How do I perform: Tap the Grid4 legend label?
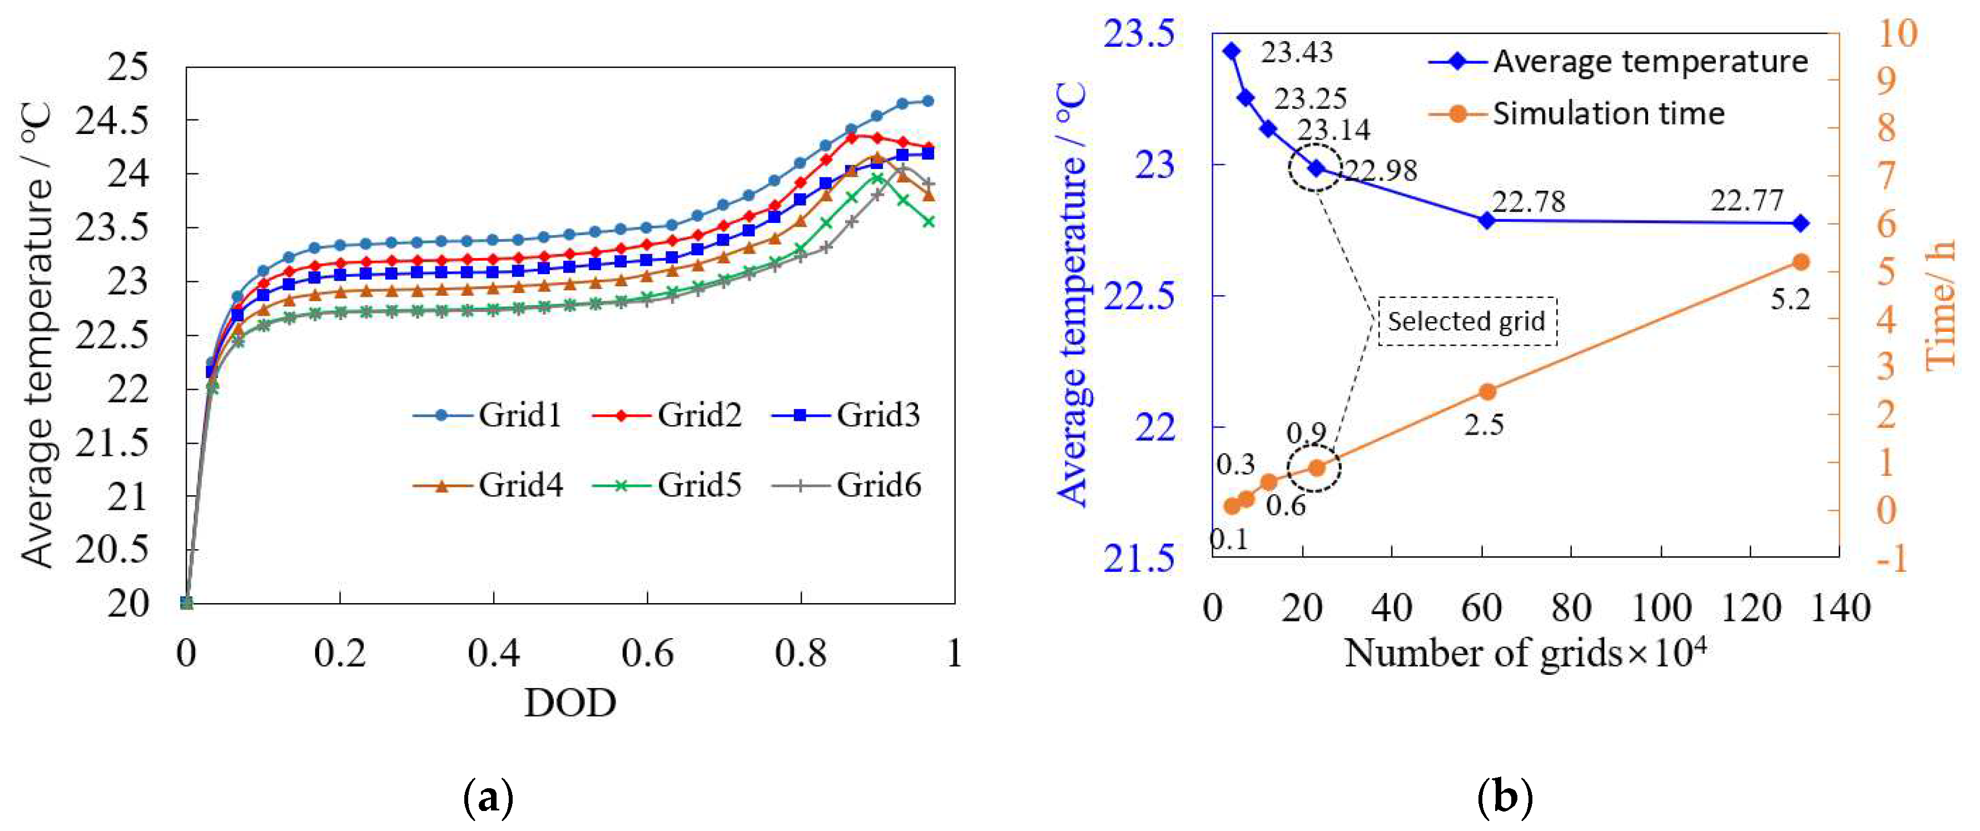[520, 485]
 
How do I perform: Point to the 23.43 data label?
[1297, 52]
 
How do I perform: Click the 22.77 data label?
[1746, 201]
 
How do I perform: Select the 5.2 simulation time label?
[1790, 300]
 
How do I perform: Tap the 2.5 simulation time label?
[1483, 424]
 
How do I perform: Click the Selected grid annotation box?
[1467, 321]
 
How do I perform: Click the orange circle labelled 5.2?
[1800, 262]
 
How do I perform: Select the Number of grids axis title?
[1525, 654]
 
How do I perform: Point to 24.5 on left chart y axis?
[111, 121]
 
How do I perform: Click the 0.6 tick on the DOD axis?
[647, 654]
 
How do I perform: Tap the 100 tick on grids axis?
[1660, 608]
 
